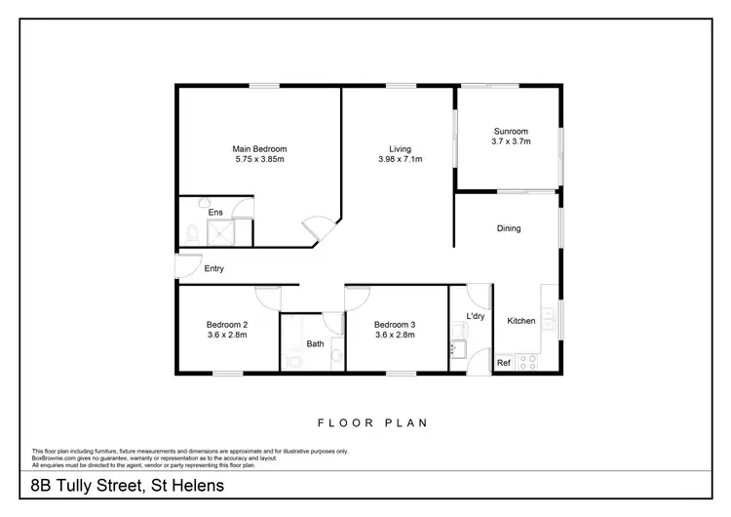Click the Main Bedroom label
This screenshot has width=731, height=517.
tap(258, 148)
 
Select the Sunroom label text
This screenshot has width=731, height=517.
tap(510, 131)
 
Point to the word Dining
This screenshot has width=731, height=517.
tap(509, 228)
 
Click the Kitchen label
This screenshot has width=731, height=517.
tap(520, 321)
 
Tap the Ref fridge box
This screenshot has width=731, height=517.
tap(504, 363)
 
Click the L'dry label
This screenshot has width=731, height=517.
tap(476, 317)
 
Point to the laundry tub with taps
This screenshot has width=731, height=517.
tap(456, 346)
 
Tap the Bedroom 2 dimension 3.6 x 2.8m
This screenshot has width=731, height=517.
tap(226, 335)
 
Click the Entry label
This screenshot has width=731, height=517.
tap(214, 268)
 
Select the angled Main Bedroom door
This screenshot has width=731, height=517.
tap(317, 229)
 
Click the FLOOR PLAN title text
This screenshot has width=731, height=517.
tap(373, 423)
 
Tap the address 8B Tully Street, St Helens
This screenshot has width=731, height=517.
tap(126, 485)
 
